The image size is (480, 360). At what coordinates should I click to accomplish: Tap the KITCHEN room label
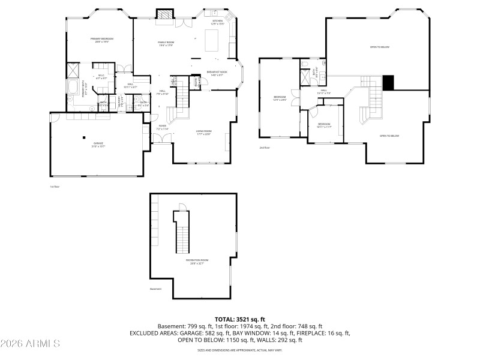point(218,22)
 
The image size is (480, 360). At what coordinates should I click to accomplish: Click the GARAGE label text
point(98,144)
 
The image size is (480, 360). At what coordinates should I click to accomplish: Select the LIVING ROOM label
point(204,132)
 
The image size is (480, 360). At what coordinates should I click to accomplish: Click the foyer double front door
point(160,139)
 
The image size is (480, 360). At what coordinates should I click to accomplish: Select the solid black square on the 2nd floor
point(388,83)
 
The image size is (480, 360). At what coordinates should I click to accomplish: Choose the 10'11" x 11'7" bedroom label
point(324,125)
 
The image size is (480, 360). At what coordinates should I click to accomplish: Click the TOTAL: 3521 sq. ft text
point(240,319)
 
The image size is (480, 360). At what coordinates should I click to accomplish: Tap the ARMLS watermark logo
point(30,344)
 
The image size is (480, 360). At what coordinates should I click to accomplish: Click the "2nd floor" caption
point(265,148)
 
